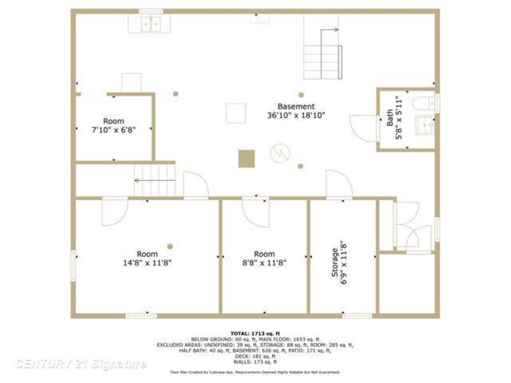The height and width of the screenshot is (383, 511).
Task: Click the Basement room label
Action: click(296, 106)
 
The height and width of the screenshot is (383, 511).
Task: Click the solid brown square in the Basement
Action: click(246, 159)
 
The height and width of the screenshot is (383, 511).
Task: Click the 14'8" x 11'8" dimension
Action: click(147, 263)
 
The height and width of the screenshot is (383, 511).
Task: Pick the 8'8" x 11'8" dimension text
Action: click(265, 263)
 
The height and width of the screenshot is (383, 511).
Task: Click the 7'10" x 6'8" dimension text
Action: click(114, 130)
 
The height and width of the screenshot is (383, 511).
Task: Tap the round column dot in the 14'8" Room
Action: click(170, 247)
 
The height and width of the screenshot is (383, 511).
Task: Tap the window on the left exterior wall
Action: click(73, 266)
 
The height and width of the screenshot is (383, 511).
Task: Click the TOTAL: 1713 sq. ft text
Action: click(255, 334)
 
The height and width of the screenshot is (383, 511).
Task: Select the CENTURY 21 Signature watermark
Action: click(81, 364)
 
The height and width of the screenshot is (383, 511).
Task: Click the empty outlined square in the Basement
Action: click(236, 113)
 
